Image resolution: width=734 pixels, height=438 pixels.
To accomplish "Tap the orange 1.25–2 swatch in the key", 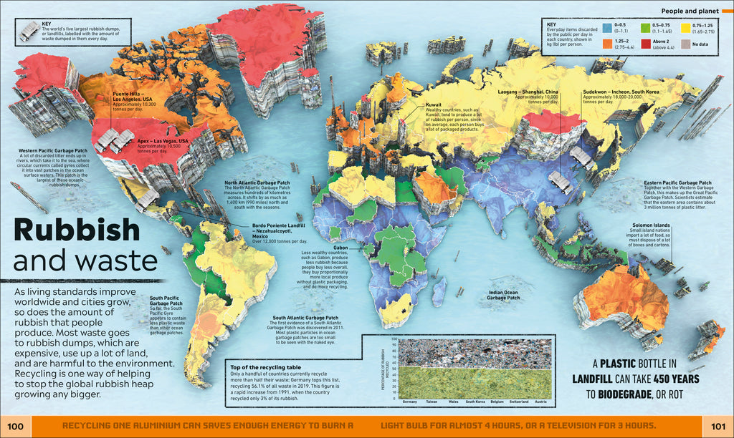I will click(x=608, y=43).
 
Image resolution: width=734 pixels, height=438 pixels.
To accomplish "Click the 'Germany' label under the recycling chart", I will click(x=410, y=402).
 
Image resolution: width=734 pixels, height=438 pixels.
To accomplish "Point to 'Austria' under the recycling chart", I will click(x=540, y=402).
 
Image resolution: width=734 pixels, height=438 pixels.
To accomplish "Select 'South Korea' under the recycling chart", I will click(x=475, y=402).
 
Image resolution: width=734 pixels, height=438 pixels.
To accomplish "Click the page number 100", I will click(x=16, y=427).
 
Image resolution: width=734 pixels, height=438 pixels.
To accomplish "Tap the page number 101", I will click(x=718, y=427).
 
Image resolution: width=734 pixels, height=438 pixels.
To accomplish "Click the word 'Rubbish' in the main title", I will click(x=77, y=230).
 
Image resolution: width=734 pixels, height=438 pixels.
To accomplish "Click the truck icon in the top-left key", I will click(x=29, y=29).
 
